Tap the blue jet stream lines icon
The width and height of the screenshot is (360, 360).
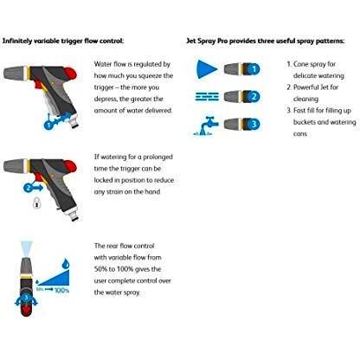point(207,97)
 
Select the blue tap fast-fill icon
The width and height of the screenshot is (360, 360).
point(206,125)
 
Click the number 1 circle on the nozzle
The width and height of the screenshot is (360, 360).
point(254,69)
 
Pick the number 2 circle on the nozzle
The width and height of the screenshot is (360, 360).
point(254,97)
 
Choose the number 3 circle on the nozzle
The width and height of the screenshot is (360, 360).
point(254,124)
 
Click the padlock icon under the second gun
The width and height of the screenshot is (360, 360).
point(36,202)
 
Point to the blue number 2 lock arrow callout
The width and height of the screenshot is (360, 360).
point(33,188)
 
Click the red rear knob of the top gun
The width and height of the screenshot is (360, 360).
point(71,73)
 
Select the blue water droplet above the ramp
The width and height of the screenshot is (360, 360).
point(67,263)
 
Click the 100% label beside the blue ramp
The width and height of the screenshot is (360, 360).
point(62,290)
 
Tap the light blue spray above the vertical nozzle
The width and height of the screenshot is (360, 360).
point(27,248)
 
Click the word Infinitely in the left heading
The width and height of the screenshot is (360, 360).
point(17,41)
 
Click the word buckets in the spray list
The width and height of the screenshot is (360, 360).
point(304,122)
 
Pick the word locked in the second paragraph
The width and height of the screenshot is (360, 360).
point(103,180)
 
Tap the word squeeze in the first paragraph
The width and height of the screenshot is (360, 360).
point(150,76)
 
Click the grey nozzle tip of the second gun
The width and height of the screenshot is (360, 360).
point(15,166)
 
